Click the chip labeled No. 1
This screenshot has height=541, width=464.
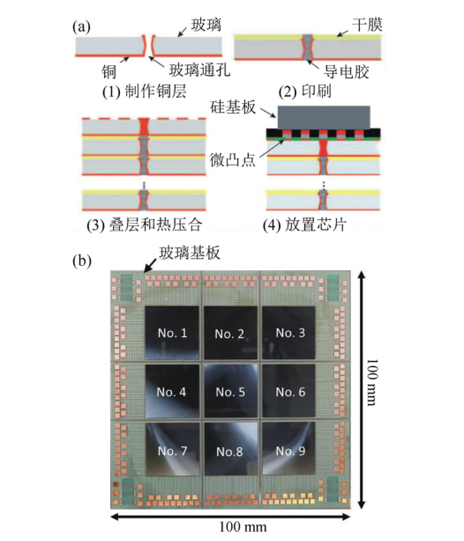click(x=172, y=332)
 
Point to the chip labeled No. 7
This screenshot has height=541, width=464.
click(x=172, y=450)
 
